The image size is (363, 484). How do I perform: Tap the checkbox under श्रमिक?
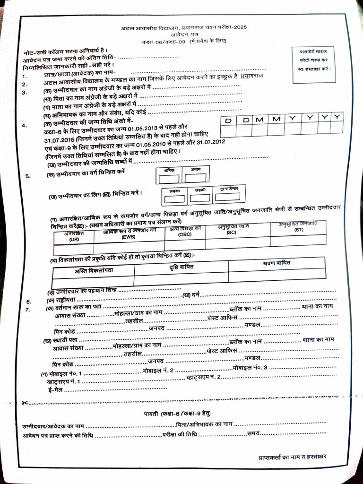(169, 179)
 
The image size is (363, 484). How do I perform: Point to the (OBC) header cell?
(185, 232)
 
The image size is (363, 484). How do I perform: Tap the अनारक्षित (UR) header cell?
(74, 236)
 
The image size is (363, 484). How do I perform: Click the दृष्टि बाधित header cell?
(181, 267)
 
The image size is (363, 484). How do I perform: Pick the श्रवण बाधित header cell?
(277, 262)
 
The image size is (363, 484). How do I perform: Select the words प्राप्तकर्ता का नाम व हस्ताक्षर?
(292, 457)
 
